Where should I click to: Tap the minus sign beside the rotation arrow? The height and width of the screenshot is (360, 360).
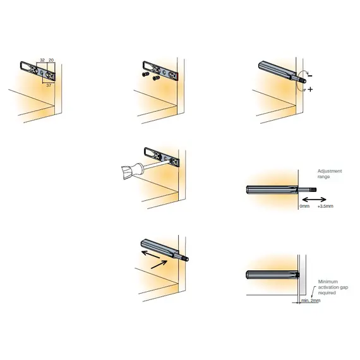click(x=310, y=75)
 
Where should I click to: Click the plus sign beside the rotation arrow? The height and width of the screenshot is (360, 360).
click(x=311, y=90)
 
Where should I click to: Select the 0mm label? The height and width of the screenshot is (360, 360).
click(x=304, y=206)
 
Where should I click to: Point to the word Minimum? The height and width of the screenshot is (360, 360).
click(x=328, y=281)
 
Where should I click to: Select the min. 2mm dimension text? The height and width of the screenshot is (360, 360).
click(x=311, y=301)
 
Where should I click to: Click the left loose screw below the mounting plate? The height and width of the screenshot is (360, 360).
click(x=143, y=75)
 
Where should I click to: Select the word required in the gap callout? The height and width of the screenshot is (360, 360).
click(x=327, y=292)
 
